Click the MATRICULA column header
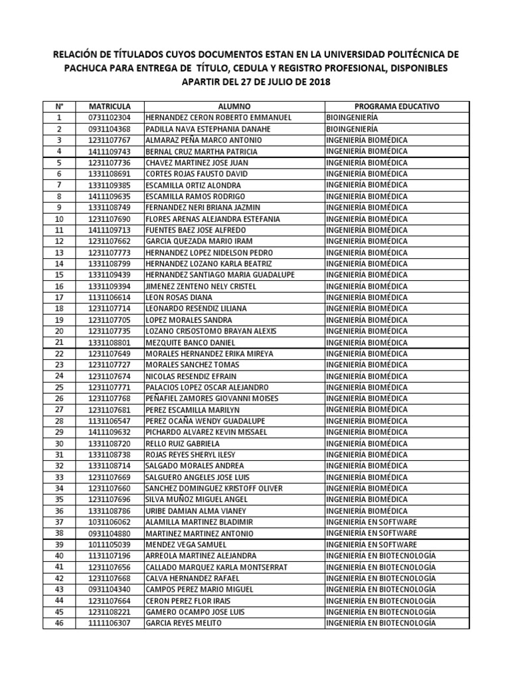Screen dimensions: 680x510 (x=110, y=106)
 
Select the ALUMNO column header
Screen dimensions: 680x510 (x=234, y=106)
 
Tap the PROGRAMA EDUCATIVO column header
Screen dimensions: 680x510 (x=396, y=106)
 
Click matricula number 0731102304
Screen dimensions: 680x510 (x=110, y=118)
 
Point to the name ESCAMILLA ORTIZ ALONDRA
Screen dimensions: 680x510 (x=193, y=185)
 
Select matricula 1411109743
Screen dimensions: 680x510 (x=110, y=151)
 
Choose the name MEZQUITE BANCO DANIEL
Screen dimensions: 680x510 (x=191, y=343)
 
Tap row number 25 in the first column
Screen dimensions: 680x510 (x=59, y=387)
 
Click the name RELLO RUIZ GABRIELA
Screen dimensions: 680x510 (x=183, y=444)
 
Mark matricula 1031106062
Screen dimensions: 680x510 (x=110, y=522)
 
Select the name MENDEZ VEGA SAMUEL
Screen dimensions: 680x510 (x=185, y=545)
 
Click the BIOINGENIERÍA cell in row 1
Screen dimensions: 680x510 (x=353, y=118)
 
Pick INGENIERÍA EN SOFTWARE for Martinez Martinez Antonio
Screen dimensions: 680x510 (x=372, y=533)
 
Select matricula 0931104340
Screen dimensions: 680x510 (x=110, y=589)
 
